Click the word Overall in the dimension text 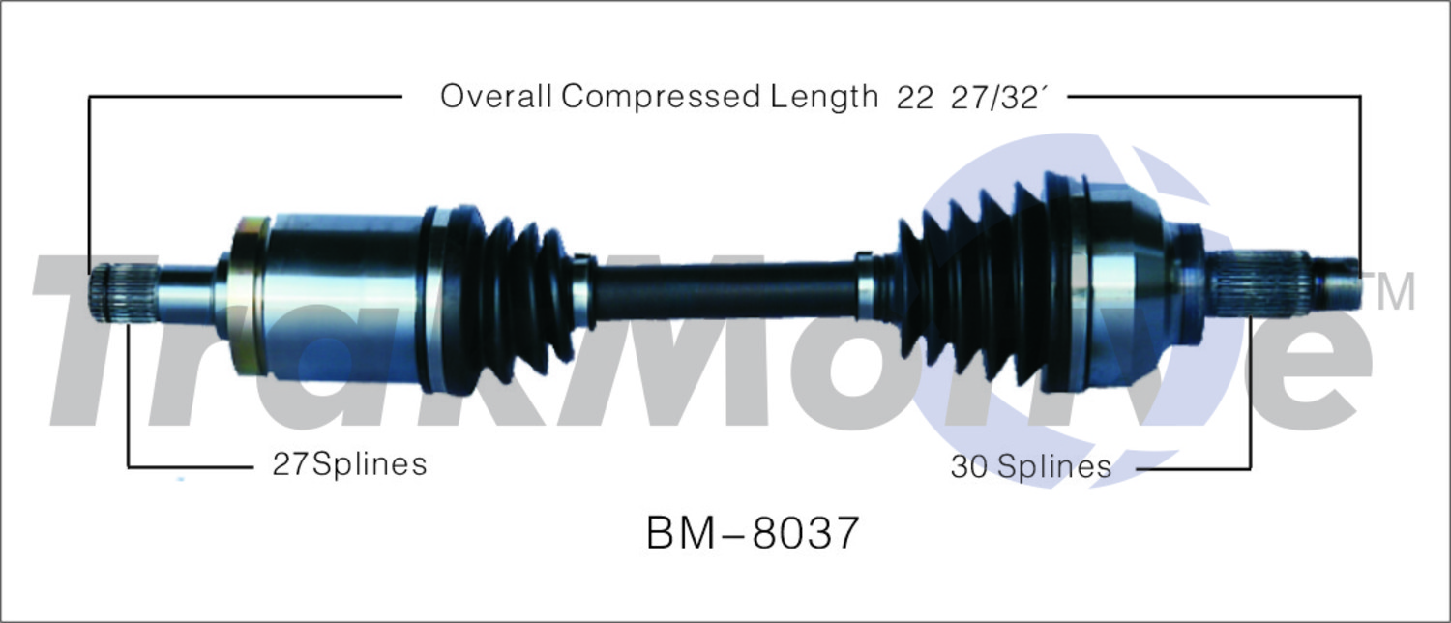[495, 97]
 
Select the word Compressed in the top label [660, 97]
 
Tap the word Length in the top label [824, 97]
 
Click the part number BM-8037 [753, 533]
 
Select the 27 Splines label [350, 463]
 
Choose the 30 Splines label [1030, 466]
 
